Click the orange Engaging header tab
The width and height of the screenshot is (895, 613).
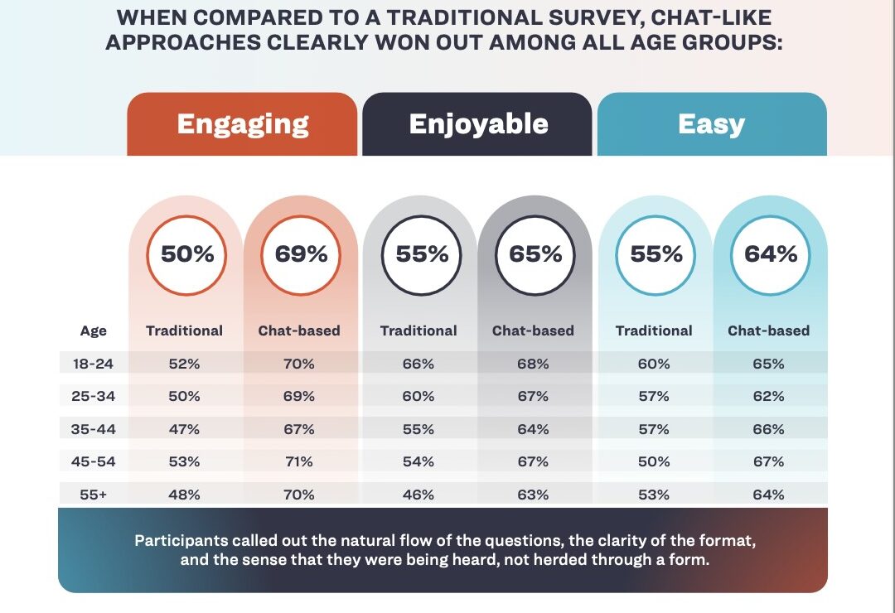tap(242, 124)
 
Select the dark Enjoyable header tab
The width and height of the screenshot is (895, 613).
tap(477, 124)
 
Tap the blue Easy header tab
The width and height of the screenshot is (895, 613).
tap(713, 124)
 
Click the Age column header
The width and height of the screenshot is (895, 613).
tap(93, 331)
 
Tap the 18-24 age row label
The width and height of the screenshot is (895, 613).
tap(93, 364)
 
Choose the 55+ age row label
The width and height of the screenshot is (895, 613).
tap(93, 495)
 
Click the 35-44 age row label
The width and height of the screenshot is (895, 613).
tap(93, 429)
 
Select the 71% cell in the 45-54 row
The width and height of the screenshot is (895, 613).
tap(299, 461)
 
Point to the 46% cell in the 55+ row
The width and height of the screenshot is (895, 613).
tap(418, 495)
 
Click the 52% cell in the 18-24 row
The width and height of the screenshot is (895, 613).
tap(184, 364)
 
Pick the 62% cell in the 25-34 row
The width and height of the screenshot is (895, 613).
tap(768, 396)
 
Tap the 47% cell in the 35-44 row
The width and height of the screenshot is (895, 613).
tap(184, 429)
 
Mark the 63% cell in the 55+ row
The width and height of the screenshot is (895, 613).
tap(533, 495)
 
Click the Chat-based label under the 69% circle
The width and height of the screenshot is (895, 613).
tap(299, 331)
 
